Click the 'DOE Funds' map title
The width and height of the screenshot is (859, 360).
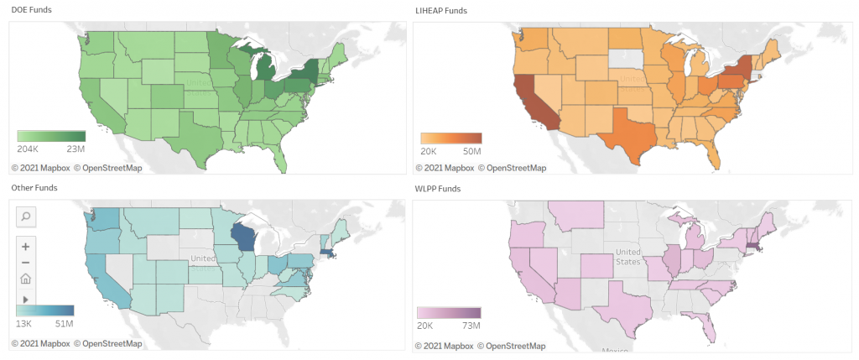click(31, 9)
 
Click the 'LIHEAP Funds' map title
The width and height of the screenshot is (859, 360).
click(441, 10)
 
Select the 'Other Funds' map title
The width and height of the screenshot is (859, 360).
click(34, 187)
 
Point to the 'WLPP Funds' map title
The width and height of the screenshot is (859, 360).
click(438, 189)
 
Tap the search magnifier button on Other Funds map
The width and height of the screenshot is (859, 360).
click(26, 217)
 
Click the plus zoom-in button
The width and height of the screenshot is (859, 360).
click(26, 247)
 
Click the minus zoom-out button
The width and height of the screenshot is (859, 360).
click(26, 263)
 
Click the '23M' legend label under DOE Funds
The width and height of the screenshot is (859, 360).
click(75, 149)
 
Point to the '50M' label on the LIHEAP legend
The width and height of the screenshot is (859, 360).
click(471, 151)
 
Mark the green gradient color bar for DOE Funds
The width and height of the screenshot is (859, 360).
click(51, 136)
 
